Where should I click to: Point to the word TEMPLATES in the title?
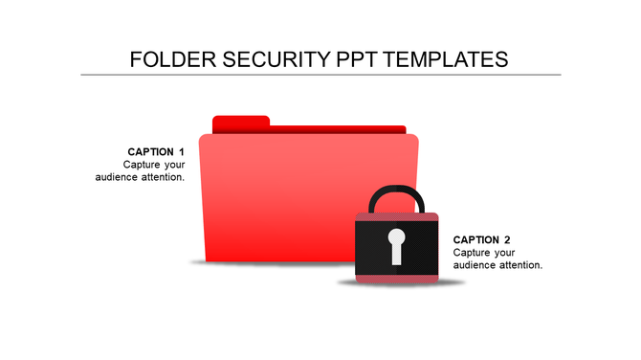(448, 59)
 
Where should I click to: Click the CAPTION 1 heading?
(156, 151)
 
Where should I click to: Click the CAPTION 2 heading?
(482, 239)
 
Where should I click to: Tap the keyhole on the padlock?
(396, 245)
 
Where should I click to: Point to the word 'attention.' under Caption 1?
(162, 177)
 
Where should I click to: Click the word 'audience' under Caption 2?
(475, 264)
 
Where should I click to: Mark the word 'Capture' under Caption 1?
(142, 165)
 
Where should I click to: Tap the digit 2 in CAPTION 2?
(507, 239)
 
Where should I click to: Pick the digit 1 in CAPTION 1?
(181, 151)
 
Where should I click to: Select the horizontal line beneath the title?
(320, 75)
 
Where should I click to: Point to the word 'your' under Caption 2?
(505, 252)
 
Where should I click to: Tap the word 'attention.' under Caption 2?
(520, 264)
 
